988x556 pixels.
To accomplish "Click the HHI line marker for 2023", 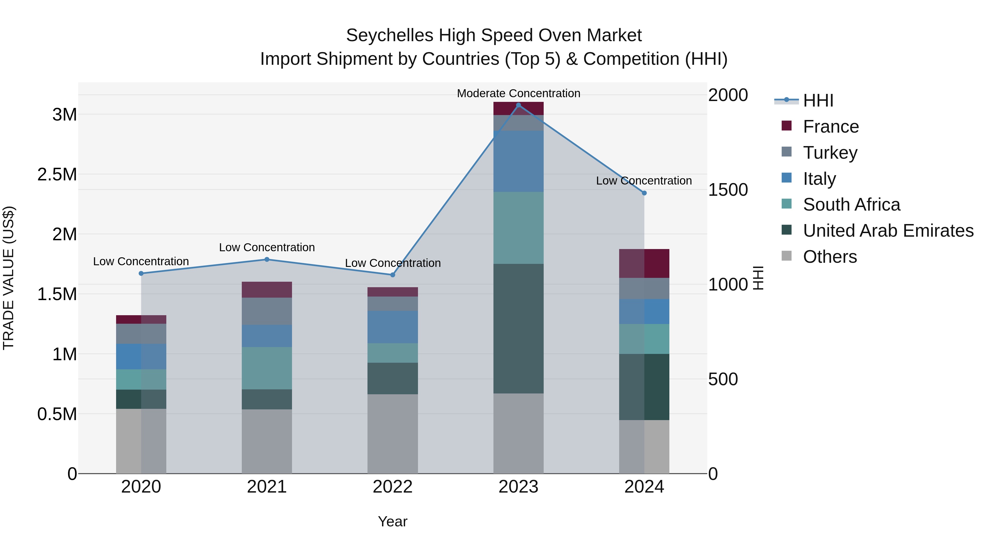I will [x=518, y=105].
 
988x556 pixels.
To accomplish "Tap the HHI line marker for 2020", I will [x=141, y=273].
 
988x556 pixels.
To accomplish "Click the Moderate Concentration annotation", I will [x=518, y=93].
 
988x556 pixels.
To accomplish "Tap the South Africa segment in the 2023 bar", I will [x=518, y=228].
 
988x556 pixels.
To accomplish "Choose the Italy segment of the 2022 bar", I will [x=392, y=327].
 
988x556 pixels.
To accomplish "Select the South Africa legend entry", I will [x=851, y=205].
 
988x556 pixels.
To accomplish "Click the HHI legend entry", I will [x=818, y=100].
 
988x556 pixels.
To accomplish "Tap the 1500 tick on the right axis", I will [x=728, y=190].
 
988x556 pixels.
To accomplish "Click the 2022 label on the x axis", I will [x=392, y=487].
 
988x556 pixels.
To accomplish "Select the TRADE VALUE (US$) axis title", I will [x=9, y=278].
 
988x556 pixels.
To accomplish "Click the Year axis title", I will [x=392, y=521].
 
